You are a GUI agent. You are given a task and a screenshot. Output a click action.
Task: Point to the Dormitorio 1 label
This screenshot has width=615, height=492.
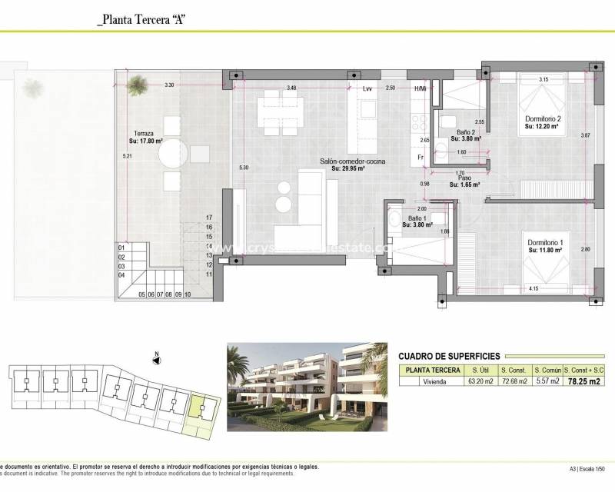coord(545,244)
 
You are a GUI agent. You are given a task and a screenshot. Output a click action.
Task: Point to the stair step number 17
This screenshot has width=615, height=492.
coord(208,218)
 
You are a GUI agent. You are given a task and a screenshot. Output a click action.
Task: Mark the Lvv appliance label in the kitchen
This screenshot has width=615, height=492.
coord(367,89)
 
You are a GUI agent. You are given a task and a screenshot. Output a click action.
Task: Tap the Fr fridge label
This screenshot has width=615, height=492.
coord(421,157)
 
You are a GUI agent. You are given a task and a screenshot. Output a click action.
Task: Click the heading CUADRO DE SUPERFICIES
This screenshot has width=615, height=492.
coord(450,356)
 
